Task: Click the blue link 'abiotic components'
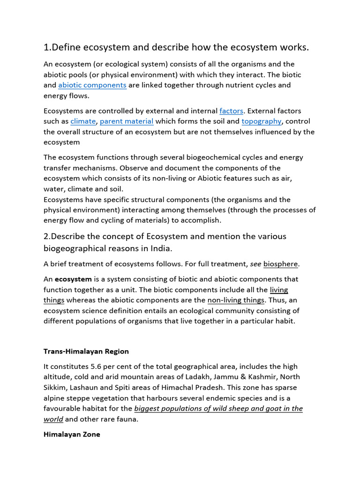click(x=92, y=85)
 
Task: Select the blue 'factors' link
click(x=231, y=111)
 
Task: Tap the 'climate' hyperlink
click(x=83, y=121)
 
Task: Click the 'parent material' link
click(x=127, y=121)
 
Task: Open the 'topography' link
click(x=262, y=121)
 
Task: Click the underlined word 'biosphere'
click(x=280, y=264)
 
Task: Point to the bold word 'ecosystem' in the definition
click(x=73, y=279)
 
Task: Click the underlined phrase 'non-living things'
click(x=236, y=300)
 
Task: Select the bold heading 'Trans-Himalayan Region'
click(x=86, y=351)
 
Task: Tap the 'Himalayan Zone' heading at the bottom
click(x=72, y=435)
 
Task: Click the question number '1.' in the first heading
click(x=47, y=48)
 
